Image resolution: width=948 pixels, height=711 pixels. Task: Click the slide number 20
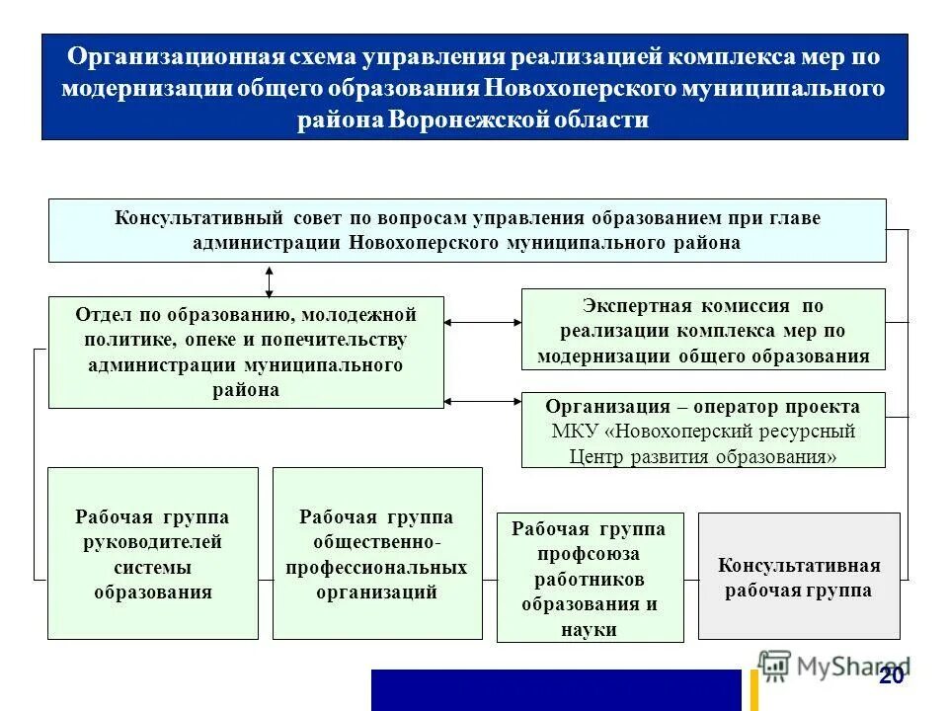tap(892, 676)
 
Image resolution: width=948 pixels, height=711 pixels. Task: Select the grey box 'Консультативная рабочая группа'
tap(799, 576)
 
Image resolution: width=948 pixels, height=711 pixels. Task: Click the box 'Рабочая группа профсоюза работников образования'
tap(589, 578)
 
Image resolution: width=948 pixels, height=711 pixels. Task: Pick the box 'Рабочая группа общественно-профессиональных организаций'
tap(377, 553)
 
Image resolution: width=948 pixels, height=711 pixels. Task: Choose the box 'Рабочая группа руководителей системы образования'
tap(153, 553)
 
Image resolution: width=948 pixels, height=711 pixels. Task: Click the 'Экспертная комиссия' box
tap(703, 329)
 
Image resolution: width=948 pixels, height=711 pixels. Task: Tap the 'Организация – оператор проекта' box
tap(703, 430)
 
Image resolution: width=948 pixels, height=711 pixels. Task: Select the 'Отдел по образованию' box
tap(246, 352)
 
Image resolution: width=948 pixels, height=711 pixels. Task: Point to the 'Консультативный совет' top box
tap(467, 229)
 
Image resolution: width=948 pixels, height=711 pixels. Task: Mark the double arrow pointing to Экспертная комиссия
tap(483, 322)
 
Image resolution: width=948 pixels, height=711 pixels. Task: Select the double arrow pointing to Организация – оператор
tap(483, 401)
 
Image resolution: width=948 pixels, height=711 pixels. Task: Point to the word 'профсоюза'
tap(589, 554)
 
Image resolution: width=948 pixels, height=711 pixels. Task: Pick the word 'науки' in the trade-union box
tap(589, 628)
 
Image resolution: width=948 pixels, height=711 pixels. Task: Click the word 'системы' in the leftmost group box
tap(152, 568)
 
